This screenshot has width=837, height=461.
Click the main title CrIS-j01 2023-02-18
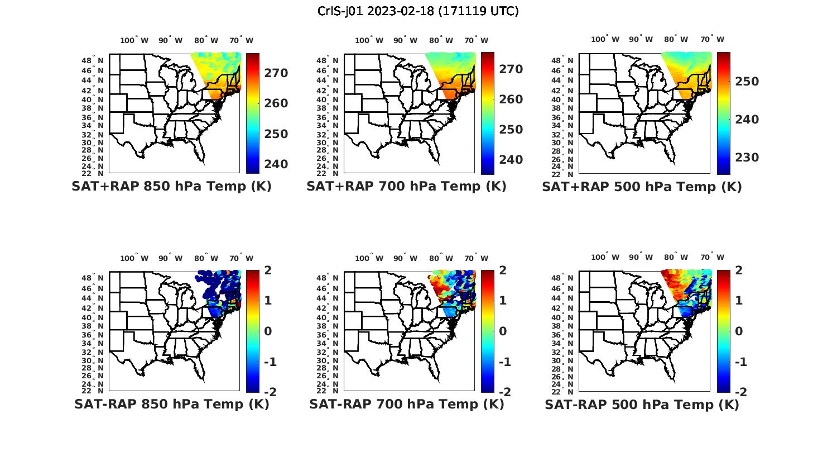(418, 11)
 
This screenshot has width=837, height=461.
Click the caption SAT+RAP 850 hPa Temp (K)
(171, 187)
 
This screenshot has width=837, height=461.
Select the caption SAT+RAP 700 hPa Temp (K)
(406, 187)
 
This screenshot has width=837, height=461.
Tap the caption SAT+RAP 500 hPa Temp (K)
(642, 187)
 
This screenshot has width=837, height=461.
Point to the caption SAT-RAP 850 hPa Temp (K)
(171, 404)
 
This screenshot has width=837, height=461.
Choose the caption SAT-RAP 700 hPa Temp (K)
(406, 404)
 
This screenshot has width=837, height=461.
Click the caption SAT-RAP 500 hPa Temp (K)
(642, 405)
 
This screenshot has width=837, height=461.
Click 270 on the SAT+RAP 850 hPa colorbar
(276, 73)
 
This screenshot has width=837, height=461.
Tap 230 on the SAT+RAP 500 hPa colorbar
(747, 158)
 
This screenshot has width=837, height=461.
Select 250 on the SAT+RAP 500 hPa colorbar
(747, 82)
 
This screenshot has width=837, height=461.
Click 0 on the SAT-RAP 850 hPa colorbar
(268, 331)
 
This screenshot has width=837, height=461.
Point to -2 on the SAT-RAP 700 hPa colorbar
(504, 392)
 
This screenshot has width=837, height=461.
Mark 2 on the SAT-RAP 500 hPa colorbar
(739, 270)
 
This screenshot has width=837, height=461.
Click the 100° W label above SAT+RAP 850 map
(134, 40)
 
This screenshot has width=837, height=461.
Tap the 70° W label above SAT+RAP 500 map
(713, 39)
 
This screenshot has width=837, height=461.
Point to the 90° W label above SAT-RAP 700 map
(405, 258)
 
